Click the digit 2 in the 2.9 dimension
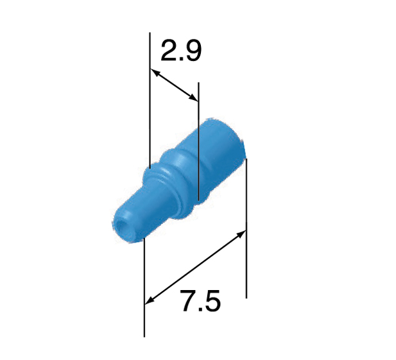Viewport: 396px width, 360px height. tap(169, 51)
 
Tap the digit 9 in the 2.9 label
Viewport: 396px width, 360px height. tap(192, 51)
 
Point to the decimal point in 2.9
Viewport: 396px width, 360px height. tap(180, 58)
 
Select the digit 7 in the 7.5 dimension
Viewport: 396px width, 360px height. tap(189, 300)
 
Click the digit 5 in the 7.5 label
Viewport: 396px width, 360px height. tap(211, 300)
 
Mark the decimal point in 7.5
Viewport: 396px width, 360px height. tap(200, 308)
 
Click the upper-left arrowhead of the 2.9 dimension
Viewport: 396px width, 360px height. tap(155, 72)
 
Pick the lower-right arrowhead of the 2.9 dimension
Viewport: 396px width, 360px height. tap(193, 98)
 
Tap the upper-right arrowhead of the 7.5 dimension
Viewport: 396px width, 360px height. tap(241, 234)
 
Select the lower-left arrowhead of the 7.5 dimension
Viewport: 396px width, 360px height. tap(150, 300)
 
